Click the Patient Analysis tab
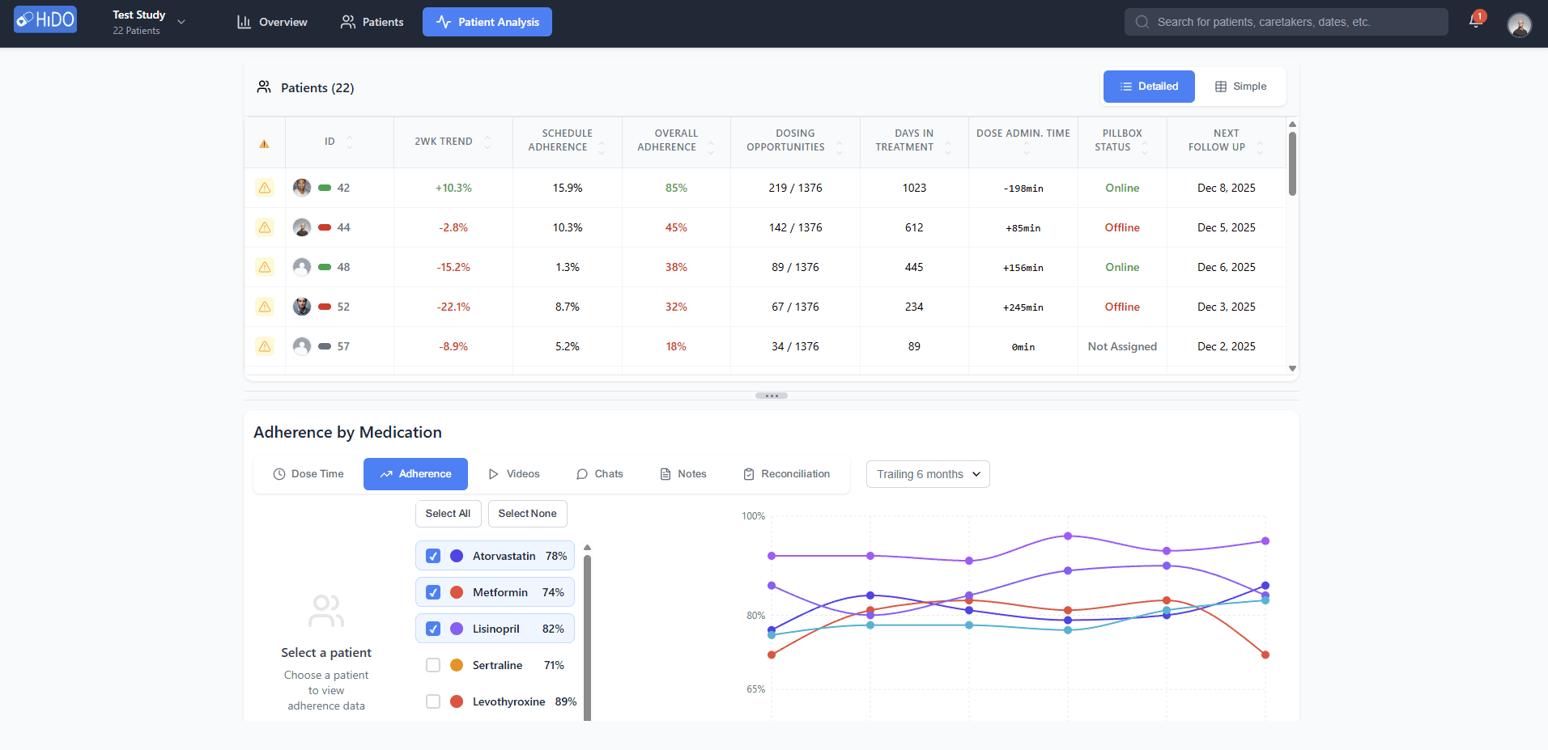(487, 22)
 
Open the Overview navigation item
(272, 22)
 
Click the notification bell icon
(1475, 22)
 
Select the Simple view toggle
(1240, 87)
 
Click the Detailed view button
(1149, 87)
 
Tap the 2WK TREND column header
(444, 142)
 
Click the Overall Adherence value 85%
(676, 188)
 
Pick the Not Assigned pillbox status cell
(1122, 346)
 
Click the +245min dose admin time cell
(1023, 307)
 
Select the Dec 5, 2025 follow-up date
(1226, 227)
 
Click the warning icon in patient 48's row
(265, 267)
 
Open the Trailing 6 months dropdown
(928, 474)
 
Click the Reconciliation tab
(787, 474)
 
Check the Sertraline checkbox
(433, 665)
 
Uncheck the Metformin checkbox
(433, 592)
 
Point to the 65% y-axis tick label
(755, 689)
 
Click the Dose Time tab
(308, 474)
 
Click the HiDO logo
(45, 19)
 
